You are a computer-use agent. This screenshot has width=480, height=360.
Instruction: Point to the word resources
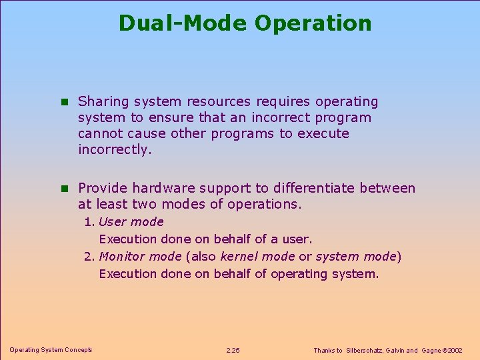[x=218, y=102]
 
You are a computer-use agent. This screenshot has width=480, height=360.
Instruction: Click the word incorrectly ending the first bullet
[x=114, y=149]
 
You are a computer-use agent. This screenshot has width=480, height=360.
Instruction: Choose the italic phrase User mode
[x=131, y=222]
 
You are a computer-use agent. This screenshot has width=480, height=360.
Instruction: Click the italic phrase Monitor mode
[x=140, y=257]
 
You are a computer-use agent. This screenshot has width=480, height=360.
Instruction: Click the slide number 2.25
[x=233, y=351]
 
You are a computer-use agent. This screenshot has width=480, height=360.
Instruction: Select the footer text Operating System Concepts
[x=51, y=350]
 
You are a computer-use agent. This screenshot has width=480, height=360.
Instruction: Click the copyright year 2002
[x=456, y=351]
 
